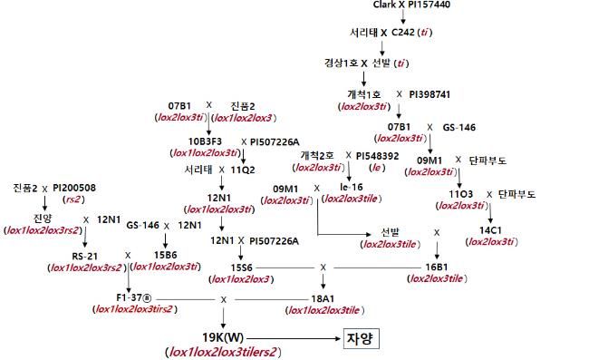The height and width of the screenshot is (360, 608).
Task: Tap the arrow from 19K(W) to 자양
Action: pyautogui.click(x=290, y=337)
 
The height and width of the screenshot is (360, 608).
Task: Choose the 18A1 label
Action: pyautogui.click(x=325, y=297)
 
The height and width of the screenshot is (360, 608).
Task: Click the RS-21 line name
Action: pyautogui.click(x=61, y=257)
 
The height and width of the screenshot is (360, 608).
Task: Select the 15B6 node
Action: pyautogui.click(x=166, y=257)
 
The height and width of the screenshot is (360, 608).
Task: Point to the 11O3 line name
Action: pyautogui.click(x=460, y=194)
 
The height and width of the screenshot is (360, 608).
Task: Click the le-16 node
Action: pyautogui.click(x=352, y=187)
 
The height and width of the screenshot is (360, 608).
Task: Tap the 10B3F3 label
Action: pyautogui.click(x=207, y=142)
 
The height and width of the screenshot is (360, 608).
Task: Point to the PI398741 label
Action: pyautogui.click(x=429, y=93)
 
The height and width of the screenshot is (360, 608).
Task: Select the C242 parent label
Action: pyautogui.click(x=410, y=33)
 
